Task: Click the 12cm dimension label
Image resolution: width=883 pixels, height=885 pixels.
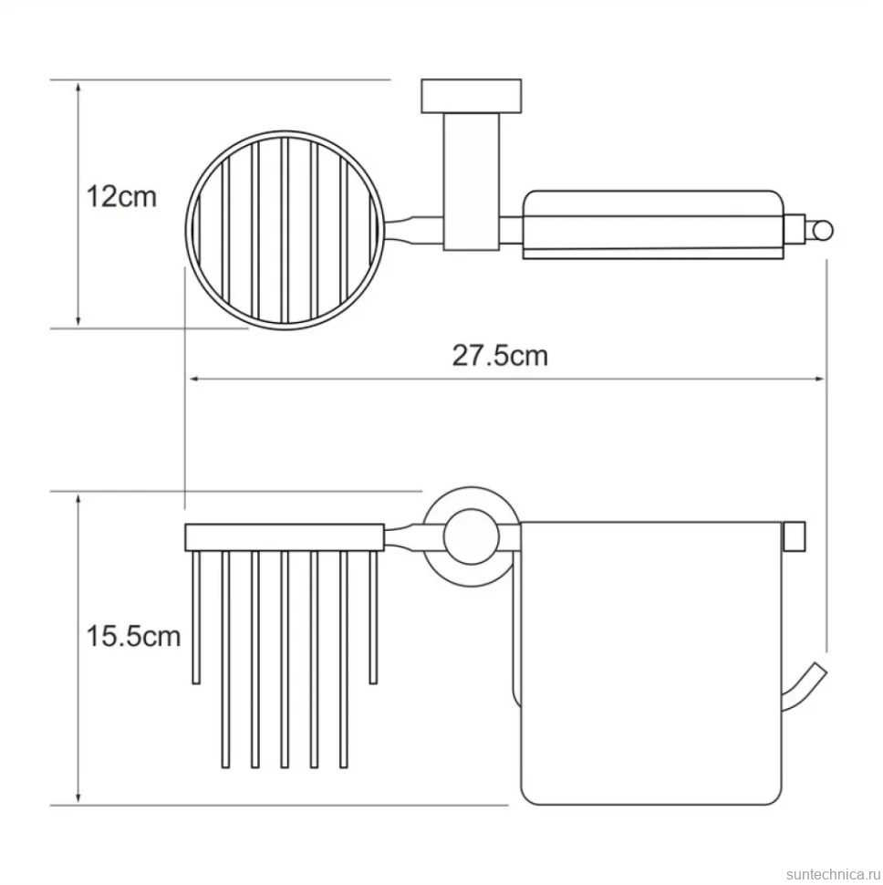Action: point(121,197)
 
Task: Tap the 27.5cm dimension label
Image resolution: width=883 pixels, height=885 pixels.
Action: point(500,356)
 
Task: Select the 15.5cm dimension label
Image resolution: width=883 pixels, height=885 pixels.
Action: point(133,637)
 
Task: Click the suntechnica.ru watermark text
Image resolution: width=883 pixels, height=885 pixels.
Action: point(833,874)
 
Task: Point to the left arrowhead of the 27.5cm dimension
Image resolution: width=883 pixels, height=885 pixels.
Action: point(194,379)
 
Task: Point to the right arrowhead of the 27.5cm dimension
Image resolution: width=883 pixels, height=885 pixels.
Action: point(820,379)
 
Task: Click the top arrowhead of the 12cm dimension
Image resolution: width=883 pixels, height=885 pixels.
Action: point(78,86)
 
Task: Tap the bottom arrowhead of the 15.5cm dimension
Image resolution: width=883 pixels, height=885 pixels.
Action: point(78,798)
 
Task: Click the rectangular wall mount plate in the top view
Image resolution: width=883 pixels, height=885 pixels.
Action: point(471,96)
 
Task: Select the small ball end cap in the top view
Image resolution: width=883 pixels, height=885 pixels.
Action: point(823,231)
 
